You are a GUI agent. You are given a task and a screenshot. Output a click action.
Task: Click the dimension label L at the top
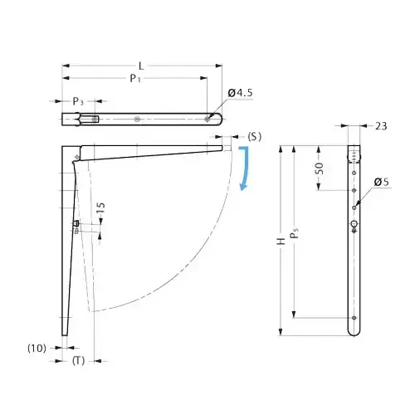click(x=142, y=65)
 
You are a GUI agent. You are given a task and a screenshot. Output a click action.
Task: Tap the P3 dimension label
click(x=78, y=101)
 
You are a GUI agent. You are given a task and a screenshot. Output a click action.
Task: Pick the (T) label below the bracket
click(x=76, y=360)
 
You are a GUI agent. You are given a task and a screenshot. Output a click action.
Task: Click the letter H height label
click(x=282, y=241)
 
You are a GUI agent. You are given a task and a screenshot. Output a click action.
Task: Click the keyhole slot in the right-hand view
click(x=354, y=225)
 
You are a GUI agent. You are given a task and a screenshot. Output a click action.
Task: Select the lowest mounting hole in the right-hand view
click(x=354, y=317)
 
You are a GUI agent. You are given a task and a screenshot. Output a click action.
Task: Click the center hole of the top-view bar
click(x=137, y=119)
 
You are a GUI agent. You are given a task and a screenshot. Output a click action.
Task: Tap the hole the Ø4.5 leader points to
click(x=207, y=119)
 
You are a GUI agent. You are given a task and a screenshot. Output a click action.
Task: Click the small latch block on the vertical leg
click(x=76, y=224)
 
